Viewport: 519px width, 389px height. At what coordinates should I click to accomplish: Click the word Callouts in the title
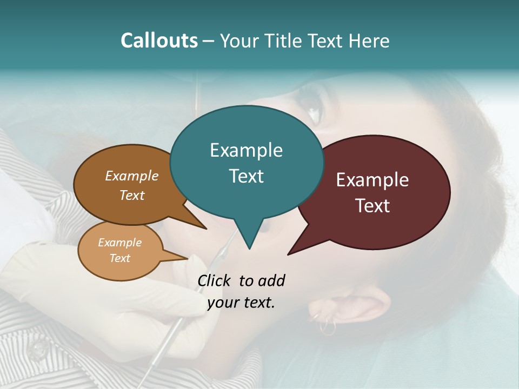[x=159, y=41]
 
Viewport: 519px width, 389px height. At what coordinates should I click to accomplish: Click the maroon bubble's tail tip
[x=288, y=254]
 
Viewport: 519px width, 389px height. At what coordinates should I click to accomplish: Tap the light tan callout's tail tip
[x=187, y=258]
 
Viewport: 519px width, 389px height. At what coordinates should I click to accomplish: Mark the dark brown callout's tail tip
[x=206, y=229]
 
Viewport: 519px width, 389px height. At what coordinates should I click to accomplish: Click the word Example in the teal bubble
[x=246, y=150]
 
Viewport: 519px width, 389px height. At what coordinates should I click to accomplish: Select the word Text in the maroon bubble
[x=372, y=206]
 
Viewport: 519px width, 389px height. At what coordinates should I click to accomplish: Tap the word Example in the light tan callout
[x=119, y=243]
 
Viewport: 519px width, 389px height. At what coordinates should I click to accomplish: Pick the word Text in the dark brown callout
[x=132, y=196]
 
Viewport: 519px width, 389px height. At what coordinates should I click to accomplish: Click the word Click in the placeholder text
[x=215, y=280]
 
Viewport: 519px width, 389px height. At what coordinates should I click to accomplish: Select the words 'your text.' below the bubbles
[x=241, y=303]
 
